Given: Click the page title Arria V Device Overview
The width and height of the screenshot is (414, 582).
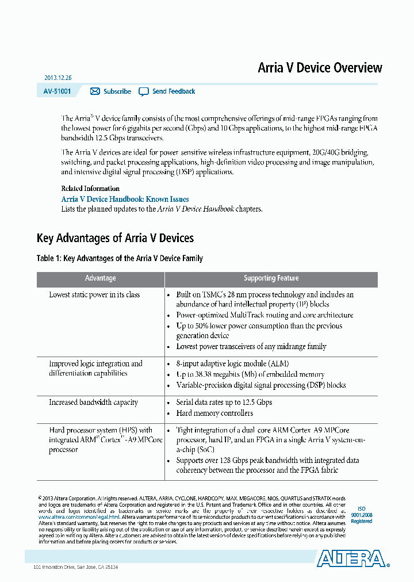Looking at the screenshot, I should coord(320,68).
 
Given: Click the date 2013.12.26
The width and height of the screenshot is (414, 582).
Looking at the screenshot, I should coord(57,78).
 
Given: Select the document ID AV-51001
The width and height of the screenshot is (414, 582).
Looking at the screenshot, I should coord(57,91).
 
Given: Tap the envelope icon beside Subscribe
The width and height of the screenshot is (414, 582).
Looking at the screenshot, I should coord(95,91).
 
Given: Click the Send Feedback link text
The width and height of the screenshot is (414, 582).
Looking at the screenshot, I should coord(173,91).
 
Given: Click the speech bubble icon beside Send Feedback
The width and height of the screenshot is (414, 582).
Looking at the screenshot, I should coord(144,91).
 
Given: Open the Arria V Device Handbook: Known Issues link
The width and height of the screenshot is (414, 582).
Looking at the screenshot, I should coord(125,199).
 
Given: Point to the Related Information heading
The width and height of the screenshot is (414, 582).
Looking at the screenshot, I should coord(90,189).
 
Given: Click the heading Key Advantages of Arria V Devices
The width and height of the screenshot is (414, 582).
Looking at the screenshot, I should coord(115,238).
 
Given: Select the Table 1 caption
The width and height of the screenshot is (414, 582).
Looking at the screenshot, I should coord(120,259).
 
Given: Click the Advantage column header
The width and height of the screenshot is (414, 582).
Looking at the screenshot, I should coord(101,278).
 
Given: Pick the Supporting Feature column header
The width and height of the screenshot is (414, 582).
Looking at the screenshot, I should coord(271,278).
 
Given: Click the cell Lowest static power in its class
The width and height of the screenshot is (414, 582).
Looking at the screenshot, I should coord(94,295).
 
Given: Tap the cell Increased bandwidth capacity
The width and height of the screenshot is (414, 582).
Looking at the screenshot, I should coord(93,403).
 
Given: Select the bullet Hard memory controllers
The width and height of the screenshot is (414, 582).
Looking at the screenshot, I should coord(214,413).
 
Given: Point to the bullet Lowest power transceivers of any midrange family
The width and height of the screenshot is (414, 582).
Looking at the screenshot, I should coord(251,347).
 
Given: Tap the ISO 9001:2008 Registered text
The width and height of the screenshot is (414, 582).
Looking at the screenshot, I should coord(362,515).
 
